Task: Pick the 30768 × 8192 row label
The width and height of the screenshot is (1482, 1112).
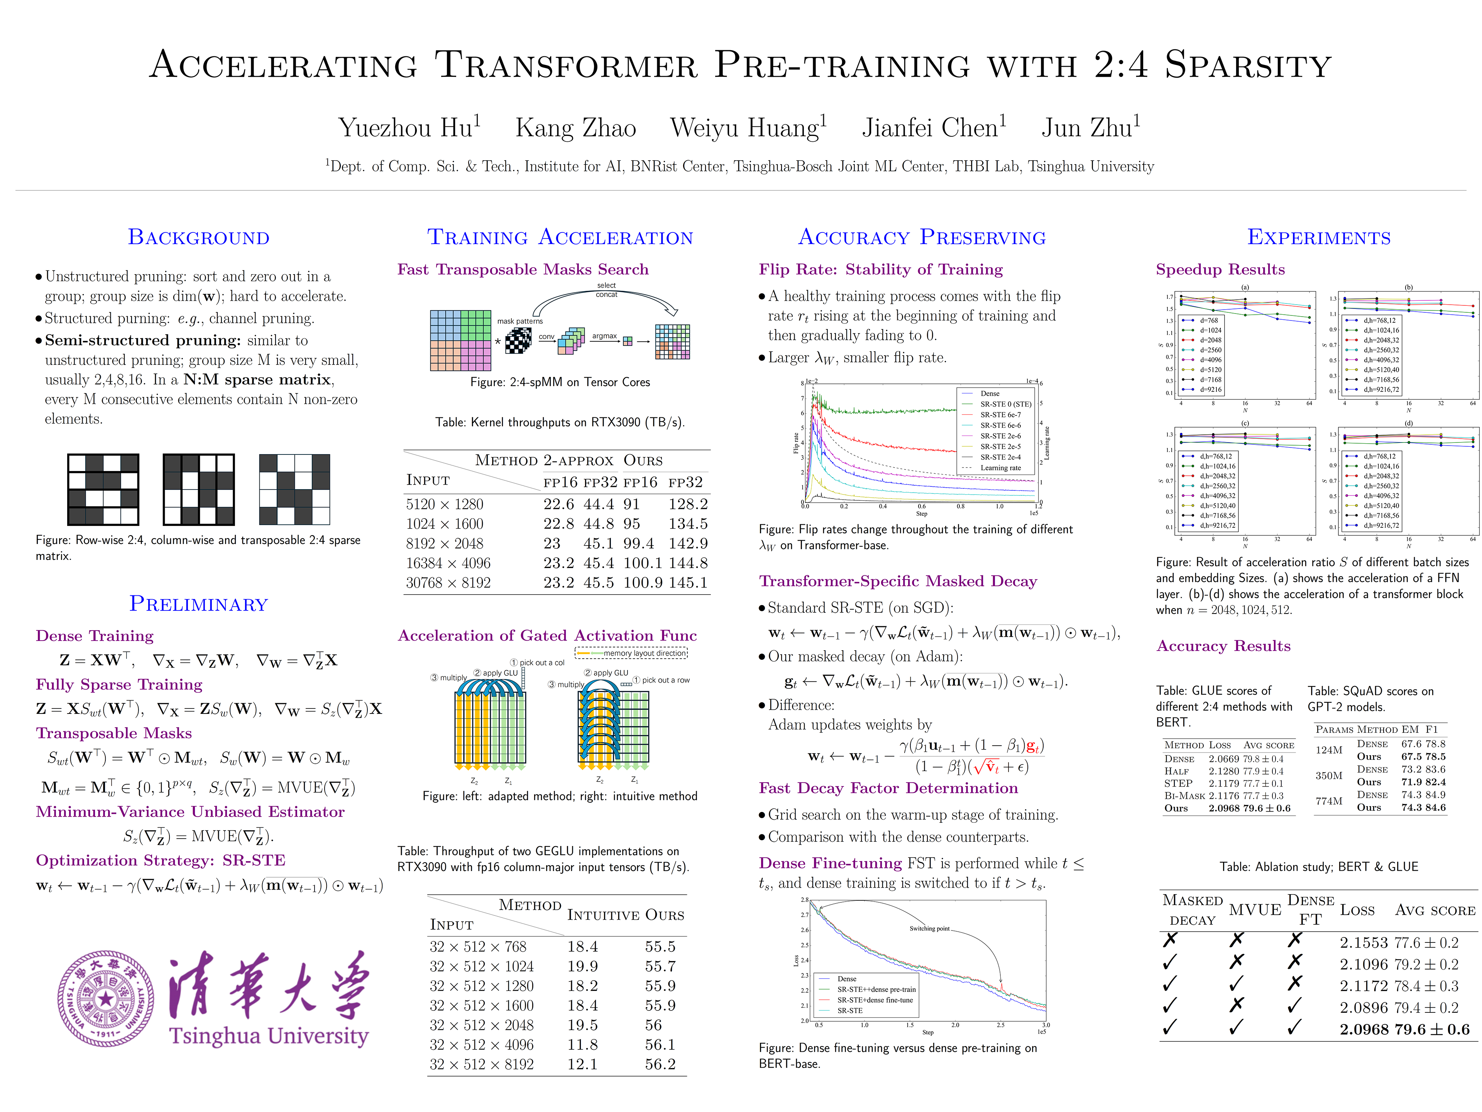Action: click(x=448, y=583)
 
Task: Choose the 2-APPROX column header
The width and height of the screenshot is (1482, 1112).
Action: click(x=578, y=461)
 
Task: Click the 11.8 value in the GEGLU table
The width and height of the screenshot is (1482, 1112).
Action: click(x=582, y=1044)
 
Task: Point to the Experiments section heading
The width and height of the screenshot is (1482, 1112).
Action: click(x=1318, y=237)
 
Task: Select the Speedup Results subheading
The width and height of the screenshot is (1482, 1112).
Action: click(x=1220, y=270)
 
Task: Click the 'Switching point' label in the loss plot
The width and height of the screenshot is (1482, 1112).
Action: click(x=929, y=928)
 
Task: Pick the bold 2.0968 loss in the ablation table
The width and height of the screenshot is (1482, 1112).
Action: click(x=1364, y=1029)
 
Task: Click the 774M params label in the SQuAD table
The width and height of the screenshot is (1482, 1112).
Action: click(x=1328, y=801)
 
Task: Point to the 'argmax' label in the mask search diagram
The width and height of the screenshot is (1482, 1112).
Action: click(x=604, y=336)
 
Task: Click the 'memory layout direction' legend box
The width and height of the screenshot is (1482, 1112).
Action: click(x=631, y=653)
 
